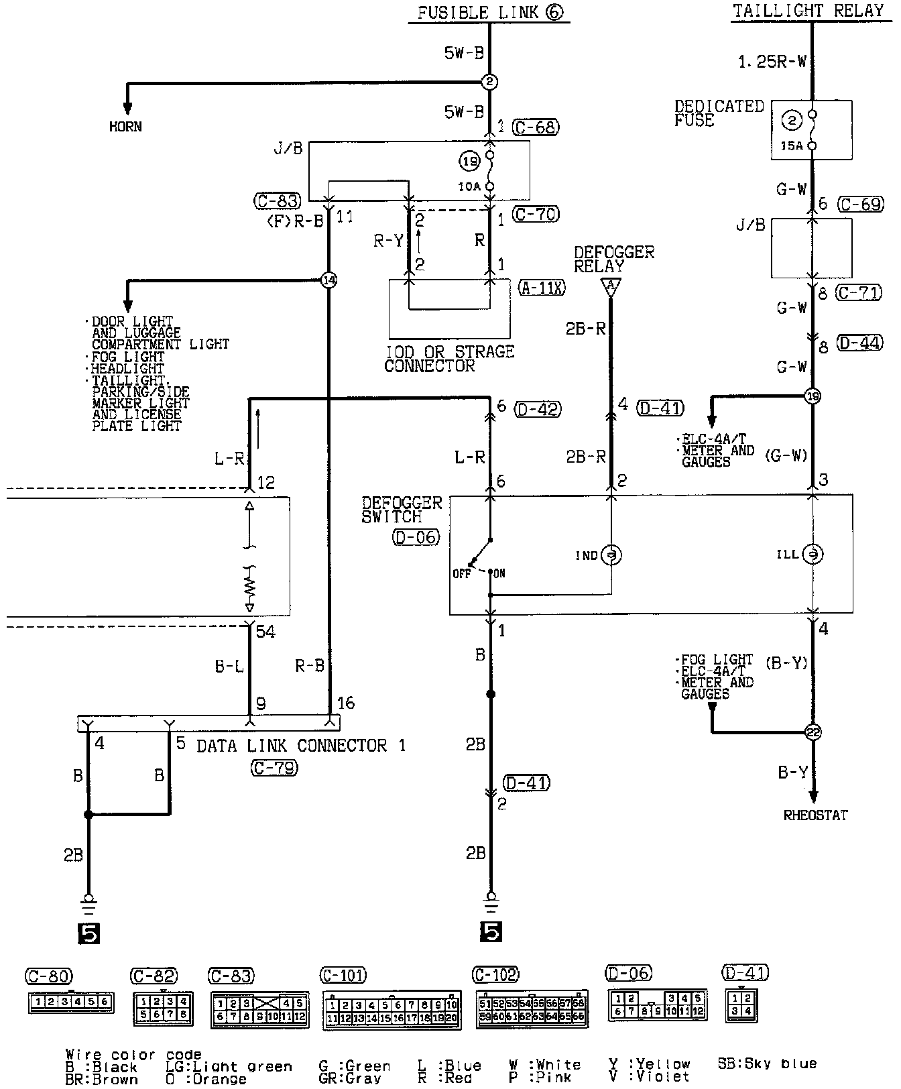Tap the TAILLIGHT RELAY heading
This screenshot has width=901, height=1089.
tap(808, 11)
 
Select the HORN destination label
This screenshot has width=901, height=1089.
tap(125, 126)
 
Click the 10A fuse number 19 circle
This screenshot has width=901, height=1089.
tap(469, 160)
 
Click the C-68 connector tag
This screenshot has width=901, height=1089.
tap(535, 127)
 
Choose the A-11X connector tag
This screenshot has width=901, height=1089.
tap(542, 288)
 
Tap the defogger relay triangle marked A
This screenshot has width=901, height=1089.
tap(610, 288)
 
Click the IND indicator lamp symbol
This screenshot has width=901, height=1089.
tap(610, 555)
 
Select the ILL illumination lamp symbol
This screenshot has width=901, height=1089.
tap(813, 555)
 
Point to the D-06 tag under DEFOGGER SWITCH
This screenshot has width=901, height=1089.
tap(416, 536)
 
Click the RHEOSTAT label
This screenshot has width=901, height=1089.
tap(815, 815)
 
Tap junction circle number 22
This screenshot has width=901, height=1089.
tap(813, 732)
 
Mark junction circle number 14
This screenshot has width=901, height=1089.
tap(328, 280)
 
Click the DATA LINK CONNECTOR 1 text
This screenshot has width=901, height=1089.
tap(301, 746)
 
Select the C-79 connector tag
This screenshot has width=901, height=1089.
tap(275, 768)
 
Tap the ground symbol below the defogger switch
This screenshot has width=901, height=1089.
tap(491, 901)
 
